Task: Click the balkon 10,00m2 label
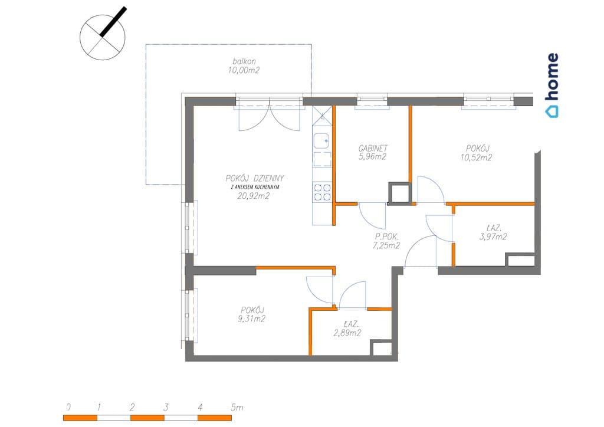click(x=244, y=65)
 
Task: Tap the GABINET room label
click(x=373, y=148)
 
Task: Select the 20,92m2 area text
click(x=254, y=196)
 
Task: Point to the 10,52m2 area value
click(x=476, y=157)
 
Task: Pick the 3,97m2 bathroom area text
click(x=493, y=237)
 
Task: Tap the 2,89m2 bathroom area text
click(x=347, y=333)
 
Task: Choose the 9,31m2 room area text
click(x=252, y=318)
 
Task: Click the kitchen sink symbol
click(x=321, y=141)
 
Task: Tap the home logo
click(x=552, y=85)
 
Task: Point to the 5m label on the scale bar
click(x=237, y=407)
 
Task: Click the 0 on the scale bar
click(x=68, y=407)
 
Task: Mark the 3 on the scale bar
click(x=166, y=407)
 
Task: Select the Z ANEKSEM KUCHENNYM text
click(x=255, y=187)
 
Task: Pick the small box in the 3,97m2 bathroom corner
click(x=520, y=260)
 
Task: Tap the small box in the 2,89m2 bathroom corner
click(x=380, y=348)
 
